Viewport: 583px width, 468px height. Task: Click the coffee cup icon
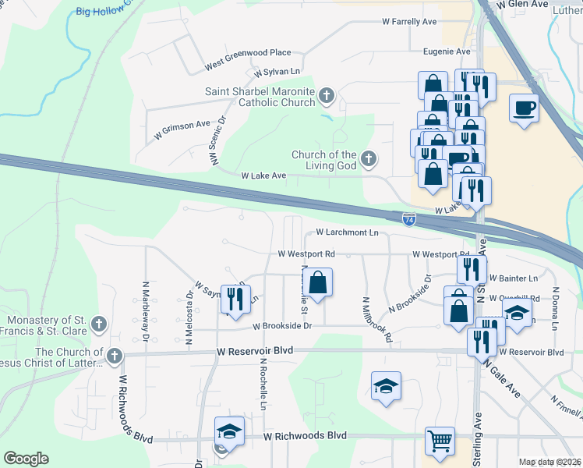(525, 106)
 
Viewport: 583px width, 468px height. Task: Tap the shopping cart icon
(440, 440)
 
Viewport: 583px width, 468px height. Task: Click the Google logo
(26, 459)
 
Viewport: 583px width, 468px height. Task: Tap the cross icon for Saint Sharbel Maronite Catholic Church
(327, 97)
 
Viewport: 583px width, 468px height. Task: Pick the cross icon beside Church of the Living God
(369, 160)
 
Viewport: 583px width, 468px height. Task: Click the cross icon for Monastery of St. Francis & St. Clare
(98, 323)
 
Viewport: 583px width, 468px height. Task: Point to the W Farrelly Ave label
(408, 22)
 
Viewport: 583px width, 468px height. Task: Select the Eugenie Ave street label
(447, 51)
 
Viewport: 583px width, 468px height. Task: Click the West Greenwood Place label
(248, 53)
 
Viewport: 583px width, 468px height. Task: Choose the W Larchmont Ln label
(347, 232)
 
